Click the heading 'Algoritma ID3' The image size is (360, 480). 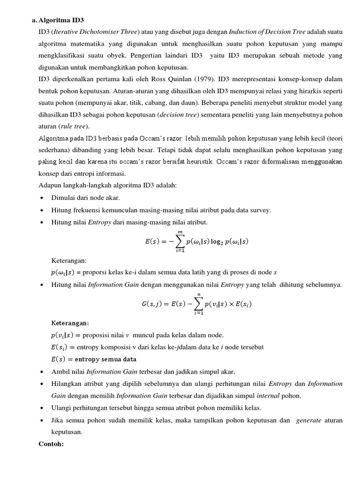tap(60, 20)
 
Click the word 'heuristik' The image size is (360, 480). tap(199, 162)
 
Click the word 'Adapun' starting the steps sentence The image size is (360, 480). tap(50, 185)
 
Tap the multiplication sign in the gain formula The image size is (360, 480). tap(232, 304)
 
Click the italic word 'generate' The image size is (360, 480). tap(308, 420)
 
